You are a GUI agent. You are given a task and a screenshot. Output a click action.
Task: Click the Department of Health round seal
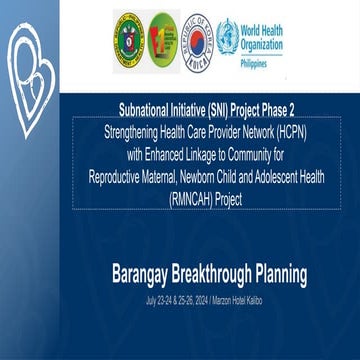133,33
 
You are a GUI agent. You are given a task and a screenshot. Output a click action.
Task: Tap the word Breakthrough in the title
217,272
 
